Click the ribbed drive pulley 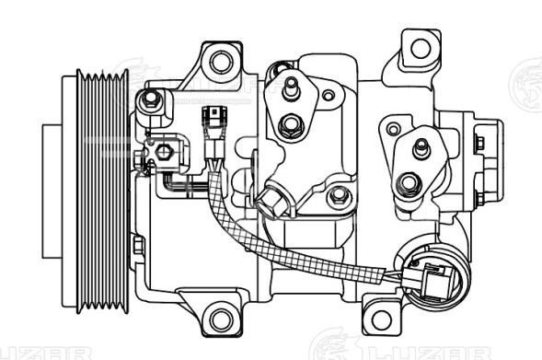point(91,190)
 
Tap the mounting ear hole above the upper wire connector point(221,63)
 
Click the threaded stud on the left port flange point(291,88)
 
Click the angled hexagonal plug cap point(273,200)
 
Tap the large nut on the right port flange point(409,187)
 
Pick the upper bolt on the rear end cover point(479,141)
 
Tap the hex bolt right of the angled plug point(339,194)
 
